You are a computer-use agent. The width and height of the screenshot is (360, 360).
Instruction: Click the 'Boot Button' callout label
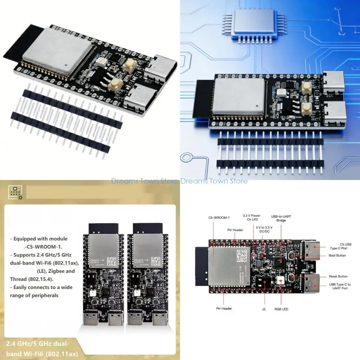(x=337, y=256)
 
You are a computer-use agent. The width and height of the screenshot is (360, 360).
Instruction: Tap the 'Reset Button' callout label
(x=338, y=276)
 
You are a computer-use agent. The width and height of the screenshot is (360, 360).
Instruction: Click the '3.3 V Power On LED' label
(x=251, y=218)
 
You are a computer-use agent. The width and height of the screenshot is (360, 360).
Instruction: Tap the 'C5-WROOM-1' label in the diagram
(x=219, y=218)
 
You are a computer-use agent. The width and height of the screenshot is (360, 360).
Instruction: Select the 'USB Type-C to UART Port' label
(x=340, y=286)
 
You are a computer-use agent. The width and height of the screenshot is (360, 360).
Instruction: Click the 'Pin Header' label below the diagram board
(x=224, y=308)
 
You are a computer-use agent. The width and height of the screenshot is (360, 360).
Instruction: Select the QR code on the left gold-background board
(x=111, y=261)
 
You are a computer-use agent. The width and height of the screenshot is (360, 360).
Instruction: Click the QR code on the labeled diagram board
(x=242, y=254)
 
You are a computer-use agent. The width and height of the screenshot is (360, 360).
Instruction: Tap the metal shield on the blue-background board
(x=239, y=96)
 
